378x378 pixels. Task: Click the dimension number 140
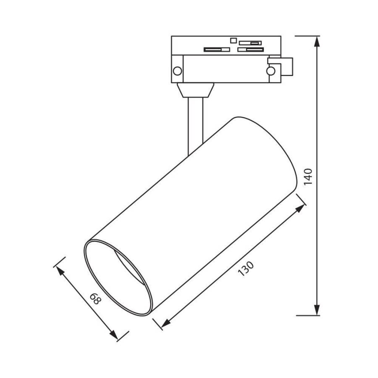tap(308, 176)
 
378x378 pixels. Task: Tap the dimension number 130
tap(246, 268)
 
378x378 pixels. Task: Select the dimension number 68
tap(95, 299)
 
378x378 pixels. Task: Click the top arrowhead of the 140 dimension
tap(317, 42)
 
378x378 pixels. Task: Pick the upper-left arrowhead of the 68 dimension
tap(61, 271)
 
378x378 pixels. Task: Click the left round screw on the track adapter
tap(178, 71)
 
